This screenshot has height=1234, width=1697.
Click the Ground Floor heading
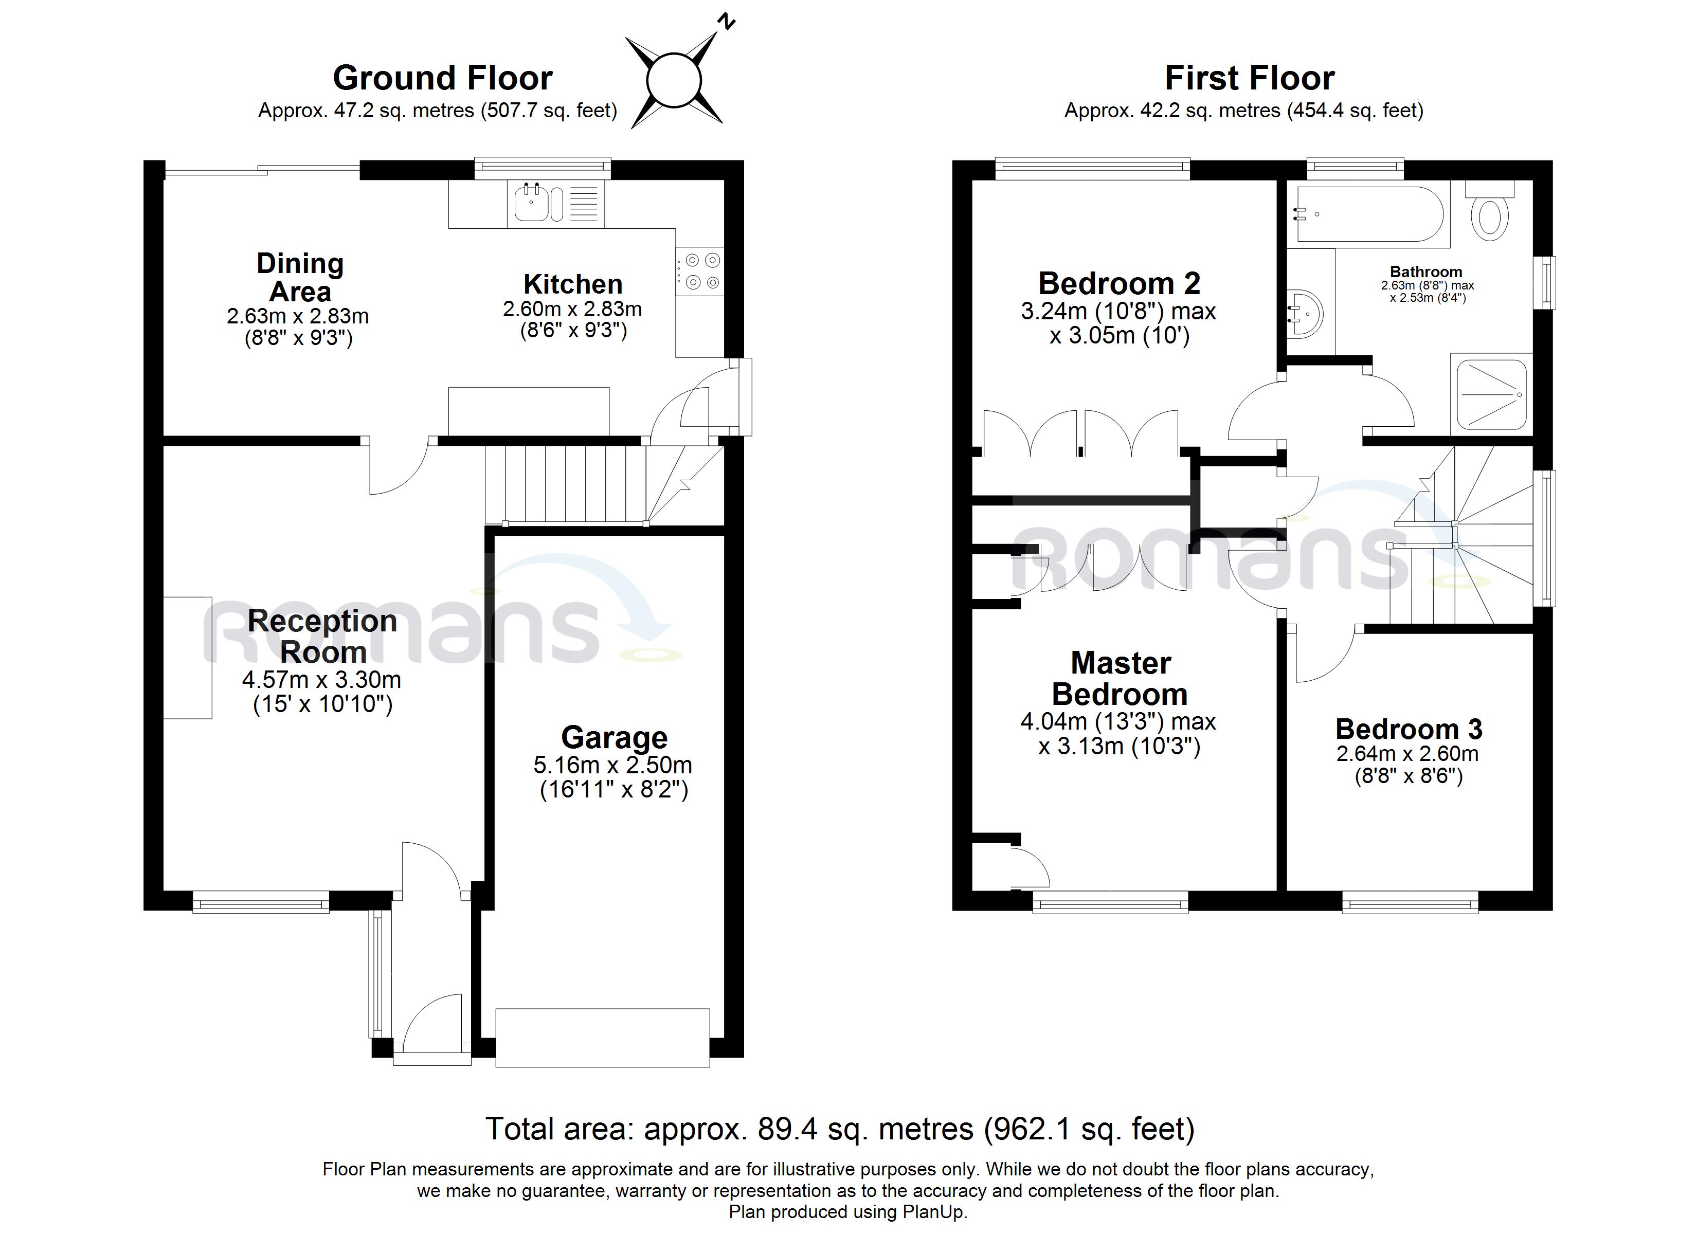[442, 78]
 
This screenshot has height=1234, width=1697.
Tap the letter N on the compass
[726, 22]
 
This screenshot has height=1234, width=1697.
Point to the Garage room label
[615, 738]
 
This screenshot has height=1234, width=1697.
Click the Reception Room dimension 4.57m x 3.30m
[322, 680]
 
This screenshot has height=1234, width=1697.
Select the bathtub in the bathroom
[1367, 214]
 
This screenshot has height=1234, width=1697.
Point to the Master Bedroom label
[1120, 679]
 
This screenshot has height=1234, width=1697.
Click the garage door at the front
[602, 1037]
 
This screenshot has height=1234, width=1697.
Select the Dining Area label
[300, 278]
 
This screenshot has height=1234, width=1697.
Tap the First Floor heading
[1250, 78]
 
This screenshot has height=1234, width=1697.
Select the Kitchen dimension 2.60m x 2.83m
[572, 309]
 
